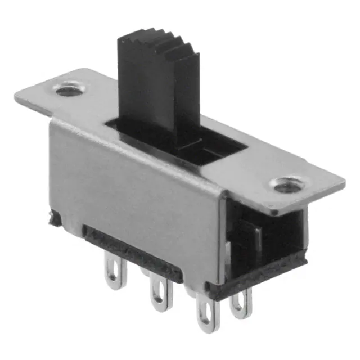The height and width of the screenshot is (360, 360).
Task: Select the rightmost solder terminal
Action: [x=241, y=304]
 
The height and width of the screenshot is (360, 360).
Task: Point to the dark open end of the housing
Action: [x=270, y=236]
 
